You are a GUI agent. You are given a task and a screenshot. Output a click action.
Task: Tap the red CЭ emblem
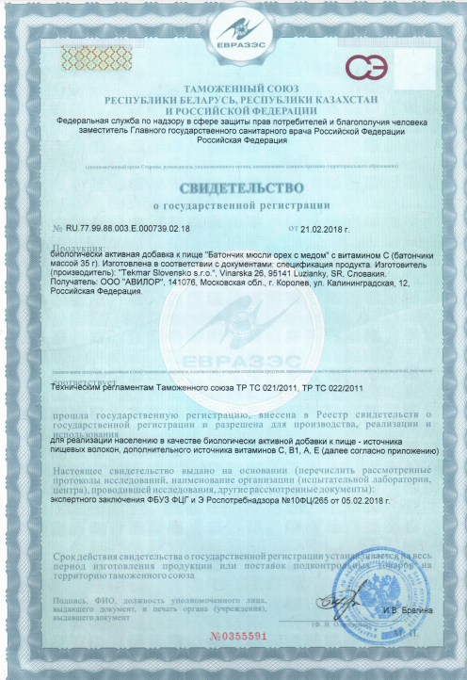(x=361, y=67)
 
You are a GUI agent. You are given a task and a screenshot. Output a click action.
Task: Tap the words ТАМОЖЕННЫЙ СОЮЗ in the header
(x=233, y=87)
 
